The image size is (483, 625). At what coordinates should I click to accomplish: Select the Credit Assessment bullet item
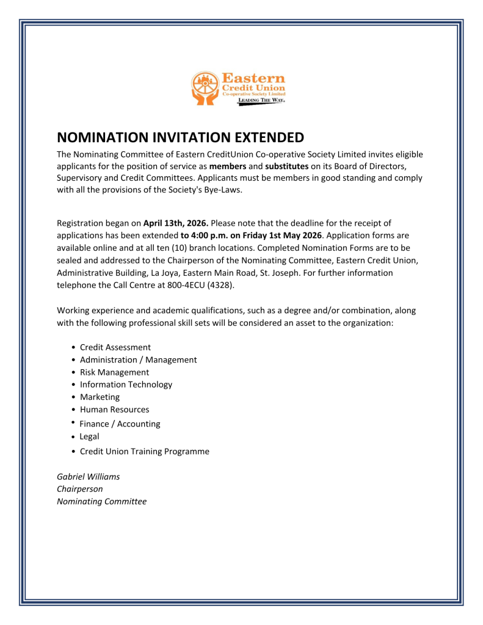pos(115,347)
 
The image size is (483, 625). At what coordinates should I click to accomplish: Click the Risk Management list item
pos(114,372)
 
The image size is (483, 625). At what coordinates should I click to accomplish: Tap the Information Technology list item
pos(126,385)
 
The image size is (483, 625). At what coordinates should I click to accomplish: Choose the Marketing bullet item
pos(100,397)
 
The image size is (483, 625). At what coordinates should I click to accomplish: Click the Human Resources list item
pos(114,409)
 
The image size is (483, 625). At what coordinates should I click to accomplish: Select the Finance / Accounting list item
pos(120,424)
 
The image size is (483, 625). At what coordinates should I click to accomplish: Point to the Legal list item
pos(89,436)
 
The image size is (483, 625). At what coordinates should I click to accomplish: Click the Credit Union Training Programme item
pos(144,452)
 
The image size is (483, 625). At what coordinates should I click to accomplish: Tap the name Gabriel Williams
pos(88,476)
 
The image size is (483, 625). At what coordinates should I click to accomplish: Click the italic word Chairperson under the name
pos(79,489)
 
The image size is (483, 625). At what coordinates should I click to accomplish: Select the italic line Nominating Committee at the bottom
pos(101,502)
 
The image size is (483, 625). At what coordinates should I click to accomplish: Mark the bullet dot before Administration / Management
pos(73,360)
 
